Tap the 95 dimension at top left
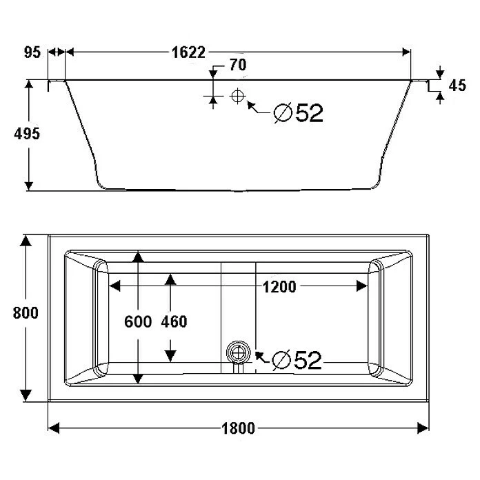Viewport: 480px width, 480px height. [x=32, y=52]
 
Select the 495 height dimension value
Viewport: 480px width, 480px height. [x=28, y=133]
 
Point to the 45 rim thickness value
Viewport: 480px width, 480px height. [x=457, y=86]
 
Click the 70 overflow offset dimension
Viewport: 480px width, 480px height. [x=237, y=66]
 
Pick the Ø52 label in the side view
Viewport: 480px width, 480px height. [x=298, y=112]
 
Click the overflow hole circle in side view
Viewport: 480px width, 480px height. [x=237, y=97]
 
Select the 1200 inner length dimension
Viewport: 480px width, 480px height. [x=278, y=287]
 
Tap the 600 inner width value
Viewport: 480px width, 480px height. [x=138, y=321]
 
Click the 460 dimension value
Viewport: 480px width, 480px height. [x=173, y=321]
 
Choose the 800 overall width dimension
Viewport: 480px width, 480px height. [x=26, y=312]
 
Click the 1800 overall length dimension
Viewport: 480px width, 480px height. [x=238, y=428]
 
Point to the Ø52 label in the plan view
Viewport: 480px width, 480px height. [x=297, y=359]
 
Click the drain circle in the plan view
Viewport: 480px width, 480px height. [x=238, y=352]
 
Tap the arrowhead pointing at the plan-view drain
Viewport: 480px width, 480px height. [x=259, y=356]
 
